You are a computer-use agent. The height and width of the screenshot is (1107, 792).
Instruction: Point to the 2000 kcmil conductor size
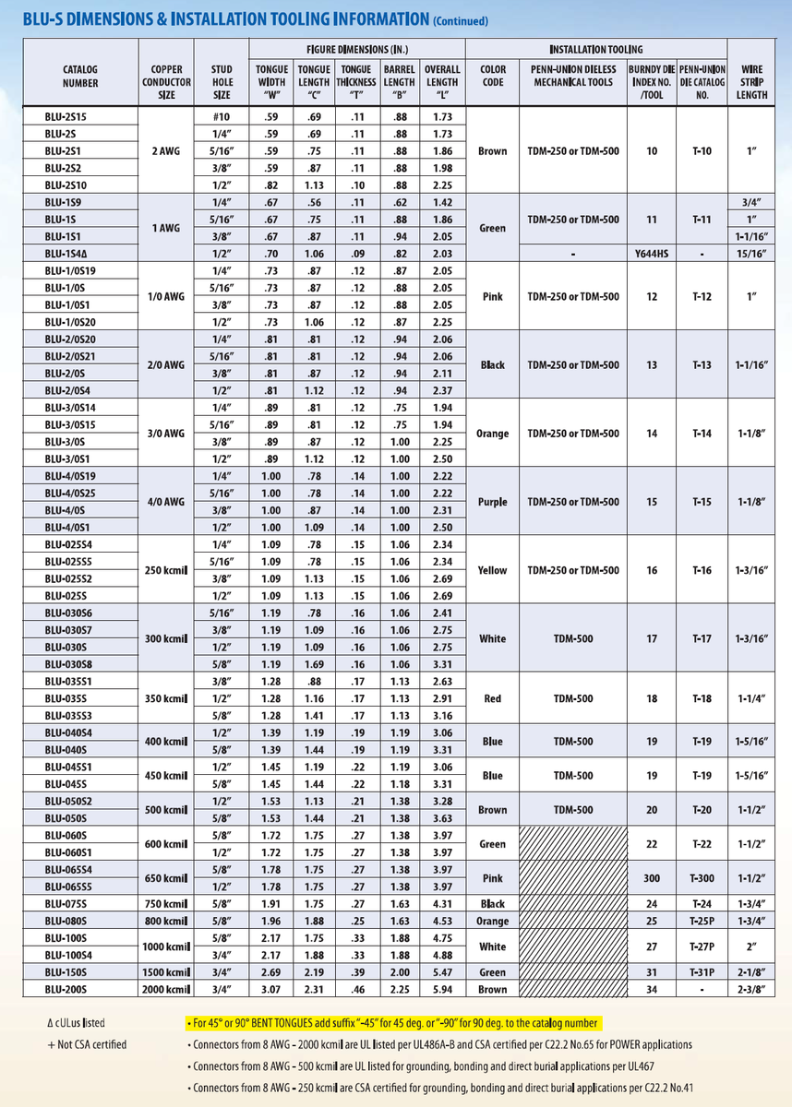[166, 989]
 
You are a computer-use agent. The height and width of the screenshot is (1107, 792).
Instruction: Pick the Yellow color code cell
[493, 570]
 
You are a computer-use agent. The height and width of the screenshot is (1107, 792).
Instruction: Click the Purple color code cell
[493, 502]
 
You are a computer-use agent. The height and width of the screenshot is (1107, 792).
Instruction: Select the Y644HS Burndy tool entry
[652, 252]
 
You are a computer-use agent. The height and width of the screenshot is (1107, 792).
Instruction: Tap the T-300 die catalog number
[702, 877]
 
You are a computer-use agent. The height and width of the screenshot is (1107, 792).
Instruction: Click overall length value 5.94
[441, 989]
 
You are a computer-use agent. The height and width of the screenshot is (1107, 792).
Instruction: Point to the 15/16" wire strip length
[752, 252]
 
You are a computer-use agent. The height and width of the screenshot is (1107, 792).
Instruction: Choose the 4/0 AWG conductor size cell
[166, 502]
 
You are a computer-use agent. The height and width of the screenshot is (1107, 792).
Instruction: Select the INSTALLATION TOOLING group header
[596, 49]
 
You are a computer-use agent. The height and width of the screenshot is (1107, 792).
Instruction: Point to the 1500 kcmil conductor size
[166, 971]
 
